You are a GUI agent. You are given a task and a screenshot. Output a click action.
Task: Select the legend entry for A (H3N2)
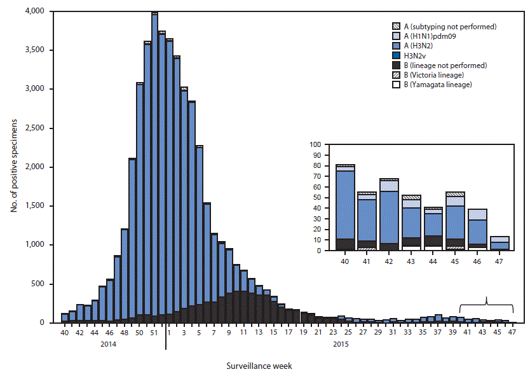click(x=432, y=46)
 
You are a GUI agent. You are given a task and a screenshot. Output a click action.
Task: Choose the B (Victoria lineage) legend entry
click(x=436, y=75)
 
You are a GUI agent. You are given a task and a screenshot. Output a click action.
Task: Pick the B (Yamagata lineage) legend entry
click(x=437, y=85)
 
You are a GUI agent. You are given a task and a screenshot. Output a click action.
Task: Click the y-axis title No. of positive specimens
click(x=13, y=167)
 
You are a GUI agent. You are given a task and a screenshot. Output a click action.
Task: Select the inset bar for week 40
click(x=345, y=207)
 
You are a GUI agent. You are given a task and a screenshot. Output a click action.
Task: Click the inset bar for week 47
click(x=499, y=243)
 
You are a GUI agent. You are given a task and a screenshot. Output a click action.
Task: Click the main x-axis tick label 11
click(x=245, y=331)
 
